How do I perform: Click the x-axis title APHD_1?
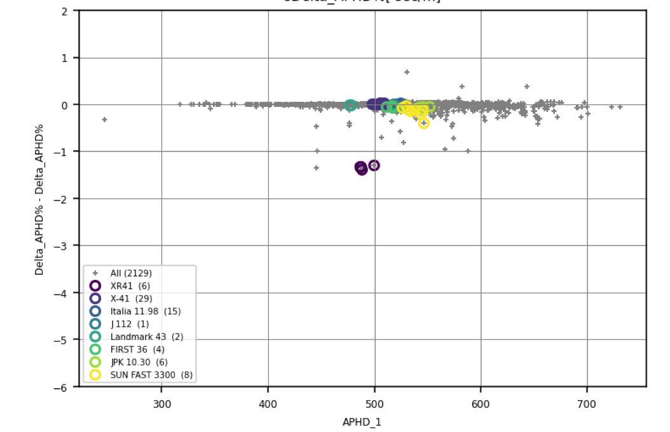362,422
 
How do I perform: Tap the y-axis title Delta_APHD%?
39,199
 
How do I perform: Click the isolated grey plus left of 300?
104,120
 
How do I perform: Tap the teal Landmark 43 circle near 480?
350,106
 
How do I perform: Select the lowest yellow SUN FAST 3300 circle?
424,123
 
